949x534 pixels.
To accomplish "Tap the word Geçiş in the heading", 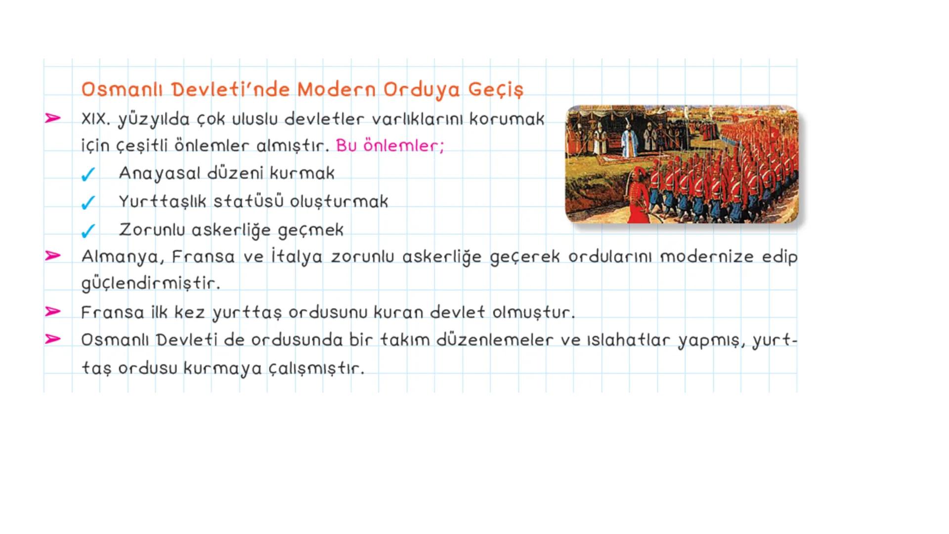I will point(495,89).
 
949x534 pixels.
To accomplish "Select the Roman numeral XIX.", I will point(96,119).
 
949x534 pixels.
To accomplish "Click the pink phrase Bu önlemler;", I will point(390,146).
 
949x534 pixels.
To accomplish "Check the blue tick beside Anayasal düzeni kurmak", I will point(88,174).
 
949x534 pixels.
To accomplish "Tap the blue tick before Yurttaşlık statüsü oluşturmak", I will point(88,202).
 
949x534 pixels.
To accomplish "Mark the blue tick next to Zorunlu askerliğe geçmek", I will point(88,230).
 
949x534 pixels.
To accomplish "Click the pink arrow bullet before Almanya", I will point(52,256).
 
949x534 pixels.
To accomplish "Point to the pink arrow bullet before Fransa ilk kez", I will point(52,311).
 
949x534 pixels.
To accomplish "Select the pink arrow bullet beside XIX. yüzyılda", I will point(52,118).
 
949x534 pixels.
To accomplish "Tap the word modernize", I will point(707,257).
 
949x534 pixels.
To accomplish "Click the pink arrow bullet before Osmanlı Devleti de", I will point(52,339).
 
